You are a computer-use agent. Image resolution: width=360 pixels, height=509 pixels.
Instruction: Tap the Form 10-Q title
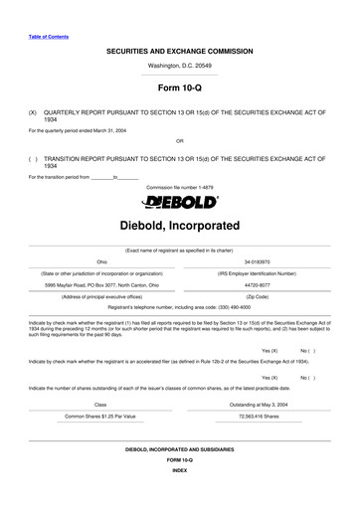pyautogui.click(x=179, y=88)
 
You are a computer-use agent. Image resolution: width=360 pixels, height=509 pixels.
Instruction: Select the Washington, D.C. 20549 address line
pyautogui.click(x=179, y=65)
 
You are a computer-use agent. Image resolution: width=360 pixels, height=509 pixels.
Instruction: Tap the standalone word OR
pyautogui.click(x=179, y=140)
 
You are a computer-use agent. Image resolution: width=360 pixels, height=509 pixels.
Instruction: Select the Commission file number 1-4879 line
pyautogui.click(x=179, y=186)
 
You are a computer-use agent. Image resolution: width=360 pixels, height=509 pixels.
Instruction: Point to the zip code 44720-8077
pyautogui.click(x=257, y=284)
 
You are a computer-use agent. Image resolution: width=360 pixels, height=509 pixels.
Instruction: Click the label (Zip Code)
pyautogui.click(x=257, y=296)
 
